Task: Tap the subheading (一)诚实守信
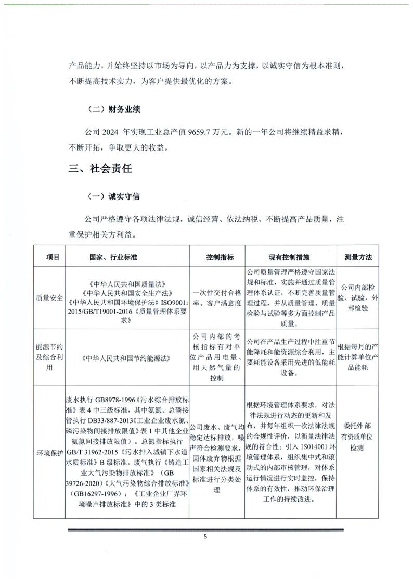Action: point(113,197)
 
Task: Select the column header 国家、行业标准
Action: point(127,257)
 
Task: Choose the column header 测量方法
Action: point(358,257)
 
